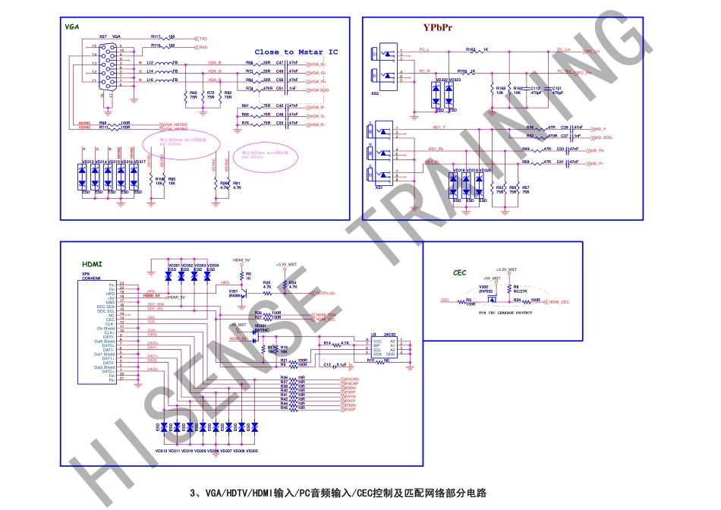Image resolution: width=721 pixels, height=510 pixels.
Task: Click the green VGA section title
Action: tap(72, 27)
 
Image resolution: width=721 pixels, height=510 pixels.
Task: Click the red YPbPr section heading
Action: tap(437, 28)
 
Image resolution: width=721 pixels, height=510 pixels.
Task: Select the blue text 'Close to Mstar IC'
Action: tap(296, 52)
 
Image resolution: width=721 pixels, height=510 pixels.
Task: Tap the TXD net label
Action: tap(203, 37)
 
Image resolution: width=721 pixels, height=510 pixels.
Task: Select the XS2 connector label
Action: tap(374, 93)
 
